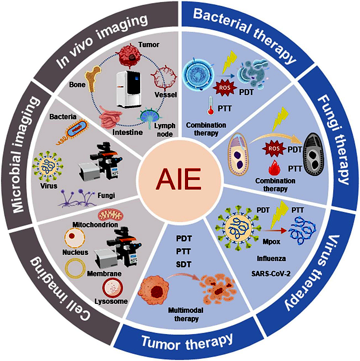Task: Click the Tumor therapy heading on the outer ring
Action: [188, 340]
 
